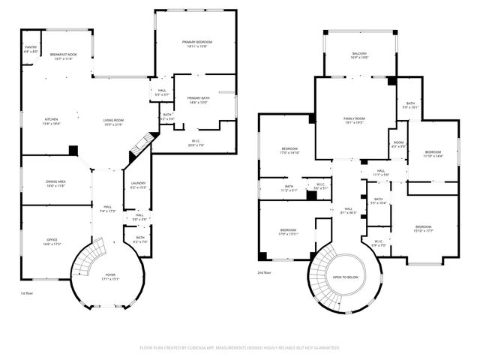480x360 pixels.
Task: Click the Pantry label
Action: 30,49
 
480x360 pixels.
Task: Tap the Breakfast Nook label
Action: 65,56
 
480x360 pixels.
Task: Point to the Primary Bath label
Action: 197,100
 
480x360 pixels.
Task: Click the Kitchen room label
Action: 51,121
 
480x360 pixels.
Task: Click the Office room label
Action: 51,242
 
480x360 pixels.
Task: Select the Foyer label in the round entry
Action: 109,277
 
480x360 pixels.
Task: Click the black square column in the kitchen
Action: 72,150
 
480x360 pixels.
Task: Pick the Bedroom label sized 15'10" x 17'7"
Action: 423,228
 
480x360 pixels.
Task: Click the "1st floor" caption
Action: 27,292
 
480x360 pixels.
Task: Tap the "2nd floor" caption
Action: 264,272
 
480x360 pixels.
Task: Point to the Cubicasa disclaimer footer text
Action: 240,347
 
